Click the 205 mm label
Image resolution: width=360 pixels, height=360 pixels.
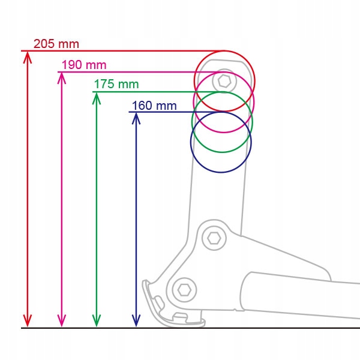coord(56,44)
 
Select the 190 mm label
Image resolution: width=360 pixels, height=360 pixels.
coord(84,65)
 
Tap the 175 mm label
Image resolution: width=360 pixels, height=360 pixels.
coord(116,85)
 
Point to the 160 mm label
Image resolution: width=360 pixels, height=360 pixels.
coord(154,106)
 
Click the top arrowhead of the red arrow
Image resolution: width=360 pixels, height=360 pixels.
coord(27,56)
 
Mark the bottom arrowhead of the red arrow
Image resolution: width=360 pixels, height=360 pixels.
coord(27,322)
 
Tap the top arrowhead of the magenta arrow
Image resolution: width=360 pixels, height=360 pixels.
coord(61,77)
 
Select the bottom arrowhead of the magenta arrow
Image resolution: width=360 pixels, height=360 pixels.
coord(61,322)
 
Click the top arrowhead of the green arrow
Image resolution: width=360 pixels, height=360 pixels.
coord(96,97)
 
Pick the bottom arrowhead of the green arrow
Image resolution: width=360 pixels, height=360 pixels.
coord(96,322)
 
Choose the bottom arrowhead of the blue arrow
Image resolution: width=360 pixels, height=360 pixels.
coord(136,322)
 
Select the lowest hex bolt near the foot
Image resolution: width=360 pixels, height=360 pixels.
coord(184,290)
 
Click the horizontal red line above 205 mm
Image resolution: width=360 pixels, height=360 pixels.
coord(120,51)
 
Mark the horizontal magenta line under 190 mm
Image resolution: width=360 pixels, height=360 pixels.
coord(132,72)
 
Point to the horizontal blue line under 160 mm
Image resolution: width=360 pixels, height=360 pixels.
coord(162,112)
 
